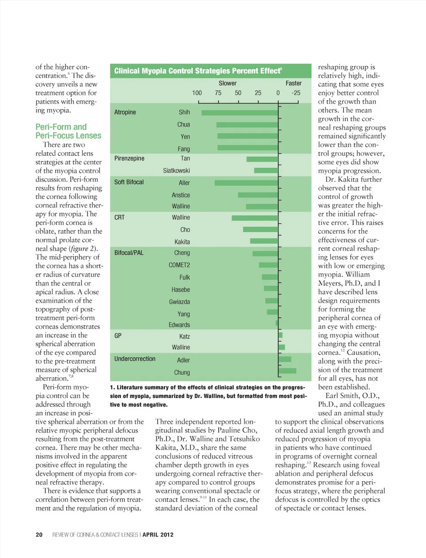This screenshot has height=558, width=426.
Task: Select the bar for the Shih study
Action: (x=240, y=113)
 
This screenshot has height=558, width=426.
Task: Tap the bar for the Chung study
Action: (x=288, y=371)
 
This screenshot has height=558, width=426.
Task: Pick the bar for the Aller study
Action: (x=246, y=183)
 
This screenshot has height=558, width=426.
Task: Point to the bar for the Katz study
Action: (x=280, y=335)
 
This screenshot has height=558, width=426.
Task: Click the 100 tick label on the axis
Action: (x=197, y=93)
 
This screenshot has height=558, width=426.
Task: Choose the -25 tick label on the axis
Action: (x=296, y=93)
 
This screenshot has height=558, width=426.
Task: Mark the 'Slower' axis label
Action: (x=228, y=83)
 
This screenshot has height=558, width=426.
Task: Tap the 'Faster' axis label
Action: (x=293, y=83)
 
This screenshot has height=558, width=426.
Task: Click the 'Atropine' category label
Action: (x=125, y=112)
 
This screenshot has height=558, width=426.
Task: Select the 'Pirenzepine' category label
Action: (x=129, y=158)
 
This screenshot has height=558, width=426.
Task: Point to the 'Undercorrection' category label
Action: (x=135, y=359)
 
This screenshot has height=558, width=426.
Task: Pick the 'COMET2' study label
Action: (x=179, y=265)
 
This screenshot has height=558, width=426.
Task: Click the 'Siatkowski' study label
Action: (x=176, y=171)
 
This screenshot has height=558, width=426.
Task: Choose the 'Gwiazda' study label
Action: (x=179, y=302)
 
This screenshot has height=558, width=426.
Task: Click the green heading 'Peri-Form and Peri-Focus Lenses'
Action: (x=68, y=131)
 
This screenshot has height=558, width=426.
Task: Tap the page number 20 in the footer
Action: (x=39, y=534)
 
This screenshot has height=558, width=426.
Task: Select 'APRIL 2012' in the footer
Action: (x=158, y=534)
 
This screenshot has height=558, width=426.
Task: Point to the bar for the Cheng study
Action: (x=265, y=253)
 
